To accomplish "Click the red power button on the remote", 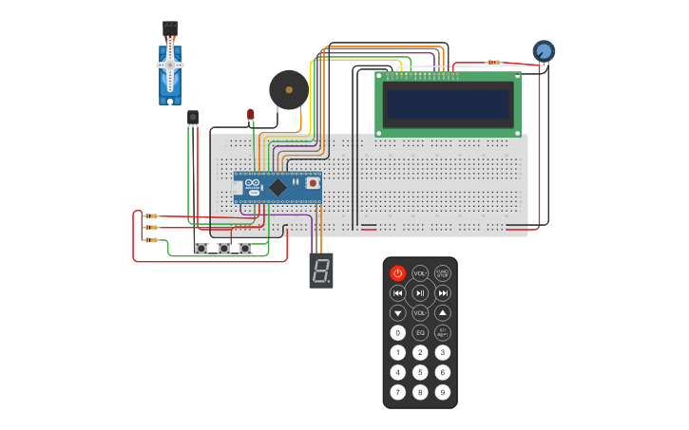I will pos(397,273).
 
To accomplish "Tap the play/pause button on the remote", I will pos(420,293).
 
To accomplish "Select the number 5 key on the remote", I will pos(420,372).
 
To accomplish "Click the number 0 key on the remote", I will pos(397,333).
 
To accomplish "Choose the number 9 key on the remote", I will pos(443,392).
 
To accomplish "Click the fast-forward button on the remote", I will pos(443,293).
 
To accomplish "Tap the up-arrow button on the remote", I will pos(443,313).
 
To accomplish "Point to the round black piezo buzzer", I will pos(288,90).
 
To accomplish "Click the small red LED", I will pos(251,115).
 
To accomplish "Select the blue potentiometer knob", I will pos(544,51).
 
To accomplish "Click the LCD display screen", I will pos(449,103).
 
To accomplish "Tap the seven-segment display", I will pos(321,270).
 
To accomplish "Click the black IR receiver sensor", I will pos(193,118).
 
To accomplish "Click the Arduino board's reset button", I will pos(311,183).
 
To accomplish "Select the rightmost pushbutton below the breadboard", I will pos(245,249).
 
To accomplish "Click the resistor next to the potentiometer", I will pos(493,63).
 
